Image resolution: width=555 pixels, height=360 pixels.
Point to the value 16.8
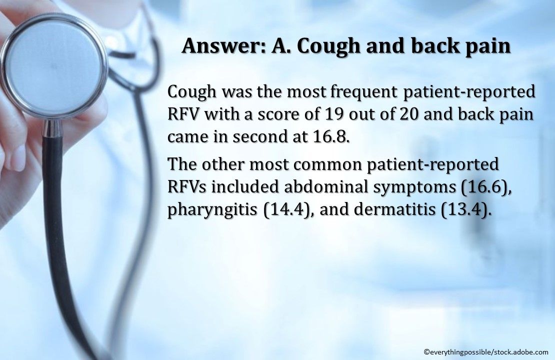point(329,136)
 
